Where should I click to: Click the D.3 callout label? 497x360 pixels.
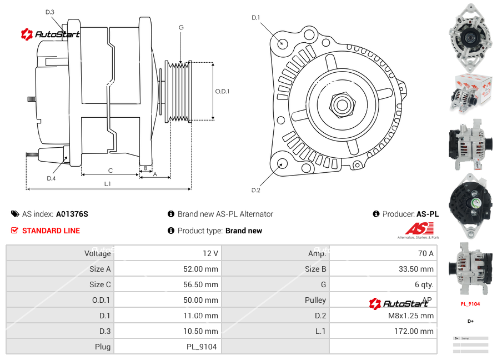pos(50,12)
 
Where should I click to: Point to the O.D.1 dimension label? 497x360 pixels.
pos(222,91)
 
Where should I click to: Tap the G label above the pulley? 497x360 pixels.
pos(181,27)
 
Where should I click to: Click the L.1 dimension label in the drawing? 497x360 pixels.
pos(108,183)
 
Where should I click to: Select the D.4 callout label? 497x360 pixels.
pos(51,178)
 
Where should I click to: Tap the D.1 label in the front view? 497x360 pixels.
pos(255,18)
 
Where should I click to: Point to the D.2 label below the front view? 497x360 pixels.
pos(255,190)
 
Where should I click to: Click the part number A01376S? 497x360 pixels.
pos(72,214)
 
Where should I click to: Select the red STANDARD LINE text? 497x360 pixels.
pos(51,231)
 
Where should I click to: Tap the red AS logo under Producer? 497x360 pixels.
pos(419,228)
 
